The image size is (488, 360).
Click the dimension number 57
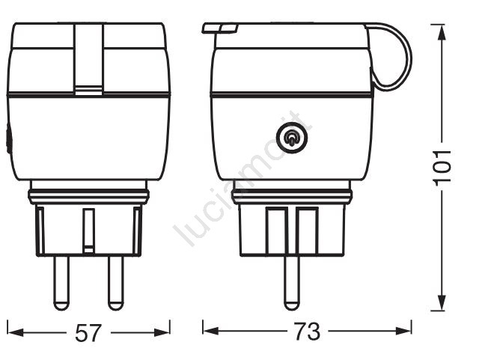(x=88, y=332)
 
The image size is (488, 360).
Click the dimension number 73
(x=307, y=331)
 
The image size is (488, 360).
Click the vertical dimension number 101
(x=442, y=168)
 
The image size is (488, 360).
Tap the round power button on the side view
(x=292, y=138)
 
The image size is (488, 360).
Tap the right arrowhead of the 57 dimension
(x=162, y=332)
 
